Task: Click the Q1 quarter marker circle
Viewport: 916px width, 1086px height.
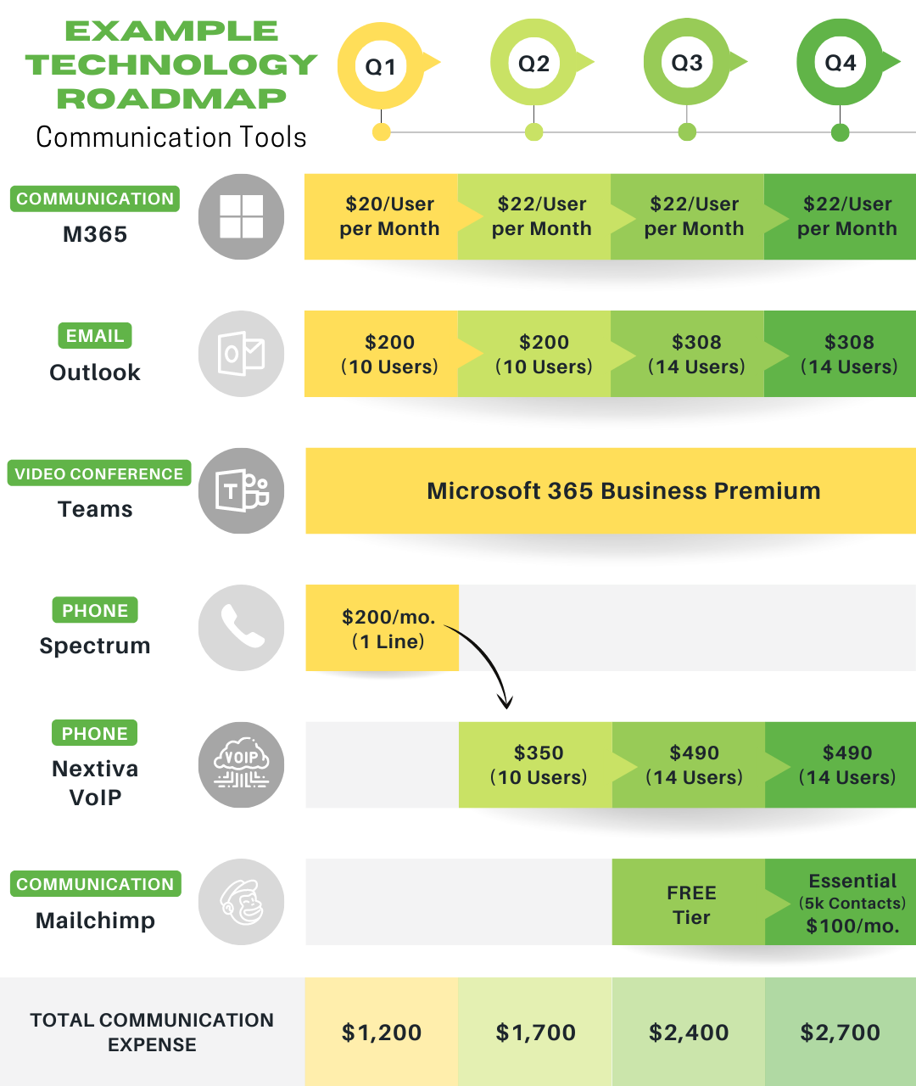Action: click(x=381, y=66)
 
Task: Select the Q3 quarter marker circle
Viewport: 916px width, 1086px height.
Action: click(x=687, y=64)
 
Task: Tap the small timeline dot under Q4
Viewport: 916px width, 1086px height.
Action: click(x=840, y=132)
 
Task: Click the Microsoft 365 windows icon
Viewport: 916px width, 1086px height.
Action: click(x=241, y=216)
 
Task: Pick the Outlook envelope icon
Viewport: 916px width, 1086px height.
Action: click(x=241, y=354)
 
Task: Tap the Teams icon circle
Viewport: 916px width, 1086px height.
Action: click(x=241, y=490)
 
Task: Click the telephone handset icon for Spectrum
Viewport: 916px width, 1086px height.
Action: click(x=241, y=628)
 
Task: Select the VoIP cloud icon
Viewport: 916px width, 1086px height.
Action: click(x=241, y=764)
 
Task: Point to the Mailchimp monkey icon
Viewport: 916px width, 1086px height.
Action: click(x=241, y=902)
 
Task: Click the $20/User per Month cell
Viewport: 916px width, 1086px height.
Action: click(x=388, y=216)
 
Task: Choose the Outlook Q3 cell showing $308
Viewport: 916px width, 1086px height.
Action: click(x=695, y=354)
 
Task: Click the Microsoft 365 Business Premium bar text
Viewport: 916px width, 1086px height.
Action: click(x=623, y=491)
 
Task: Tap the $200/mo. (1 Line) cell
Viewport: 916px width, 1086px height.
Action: click(x=387, y=629)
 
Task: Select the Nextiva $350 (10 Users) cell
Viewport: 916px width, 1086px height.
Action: click(x=538, y=764)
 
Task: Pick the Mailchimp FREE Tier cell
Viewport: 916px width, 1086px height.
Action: click(x=690, y=904)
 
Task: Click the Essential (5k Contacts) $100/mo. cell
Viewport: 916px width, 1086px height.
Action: click(x=850, y=903)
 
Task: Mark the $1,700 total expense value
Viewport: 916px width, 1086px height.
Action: click(x=535, y=1033)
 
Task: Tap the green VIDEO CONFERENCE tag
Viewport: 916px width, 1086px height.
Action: click(x=99, y=473)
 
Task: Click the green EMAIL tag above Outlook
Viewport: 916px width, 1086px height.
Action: click(x=95, y=336)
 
